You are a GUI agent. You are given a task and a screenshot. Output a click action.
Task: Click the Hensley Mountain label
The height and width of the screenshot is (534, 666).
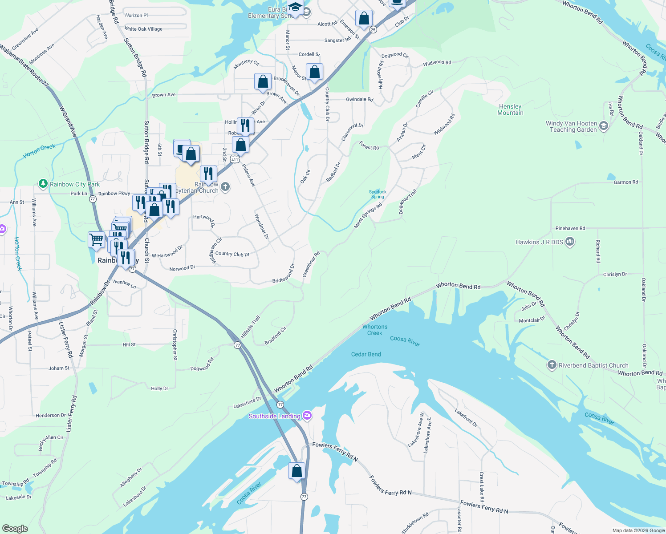coord(510,109)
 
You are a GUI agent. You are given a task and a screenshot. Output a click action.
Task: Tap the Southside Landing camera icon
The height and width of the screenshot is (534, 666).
coord(307,416)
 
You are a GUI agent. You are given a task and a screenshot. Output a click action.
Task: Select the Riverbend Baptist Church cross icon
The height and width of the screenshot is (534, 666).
coord(552,365)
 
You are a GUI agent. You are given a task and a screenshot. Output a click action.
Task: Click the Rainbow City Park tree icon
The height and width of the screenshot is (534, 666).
coord(43,183)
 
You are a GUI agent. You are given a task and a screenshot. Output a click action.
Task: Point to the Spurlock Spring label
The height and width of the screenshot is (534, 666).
coord(378,194)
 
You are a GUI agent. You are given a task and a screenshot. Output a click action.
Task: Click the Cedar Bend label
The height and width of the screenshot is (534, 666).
coord(366,354)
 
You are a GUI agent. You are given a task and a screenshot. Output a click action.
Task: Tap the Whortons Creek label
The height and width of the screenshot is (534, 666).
coord(375,330)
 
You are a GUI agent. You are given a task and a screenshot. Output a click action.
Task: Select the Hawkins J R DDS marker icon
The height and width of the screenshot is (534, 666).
coord(570,242)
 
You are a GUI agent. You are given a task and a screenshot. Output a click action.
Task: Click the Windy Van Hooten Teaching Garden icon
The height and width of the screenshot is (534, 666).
coord(604,126)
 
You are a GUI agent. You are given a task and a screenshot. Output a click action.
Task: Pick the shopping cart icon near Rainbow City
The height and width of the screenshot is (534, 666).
coord(96,240)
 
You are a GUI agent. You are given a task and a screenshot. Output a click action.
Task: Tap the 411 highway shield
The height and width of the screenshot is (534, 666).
coord(236,159)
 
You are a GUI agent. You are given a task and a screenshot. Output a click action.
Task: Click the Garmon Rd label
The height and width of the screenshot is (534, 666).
coord(625,182)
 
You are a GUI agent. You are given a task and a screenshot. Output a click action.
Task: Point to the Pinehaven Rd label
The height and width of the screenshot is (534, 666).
coord(570,228)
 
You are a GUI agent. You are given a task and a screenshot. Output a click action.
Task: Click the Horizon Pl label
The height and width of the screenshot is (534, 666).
coord(136,15)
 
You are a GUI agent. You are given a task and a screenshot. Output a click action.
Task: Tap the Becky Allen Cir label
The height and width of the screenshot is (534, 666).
coord(51,441)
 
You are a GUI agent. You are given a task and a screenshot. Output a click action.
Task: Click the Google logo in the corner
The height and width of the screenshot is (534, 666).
coord(15,529)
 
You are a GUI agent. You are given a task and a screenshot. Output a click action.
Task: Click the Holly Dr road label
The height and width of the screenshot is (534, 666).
coord(159,388)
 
